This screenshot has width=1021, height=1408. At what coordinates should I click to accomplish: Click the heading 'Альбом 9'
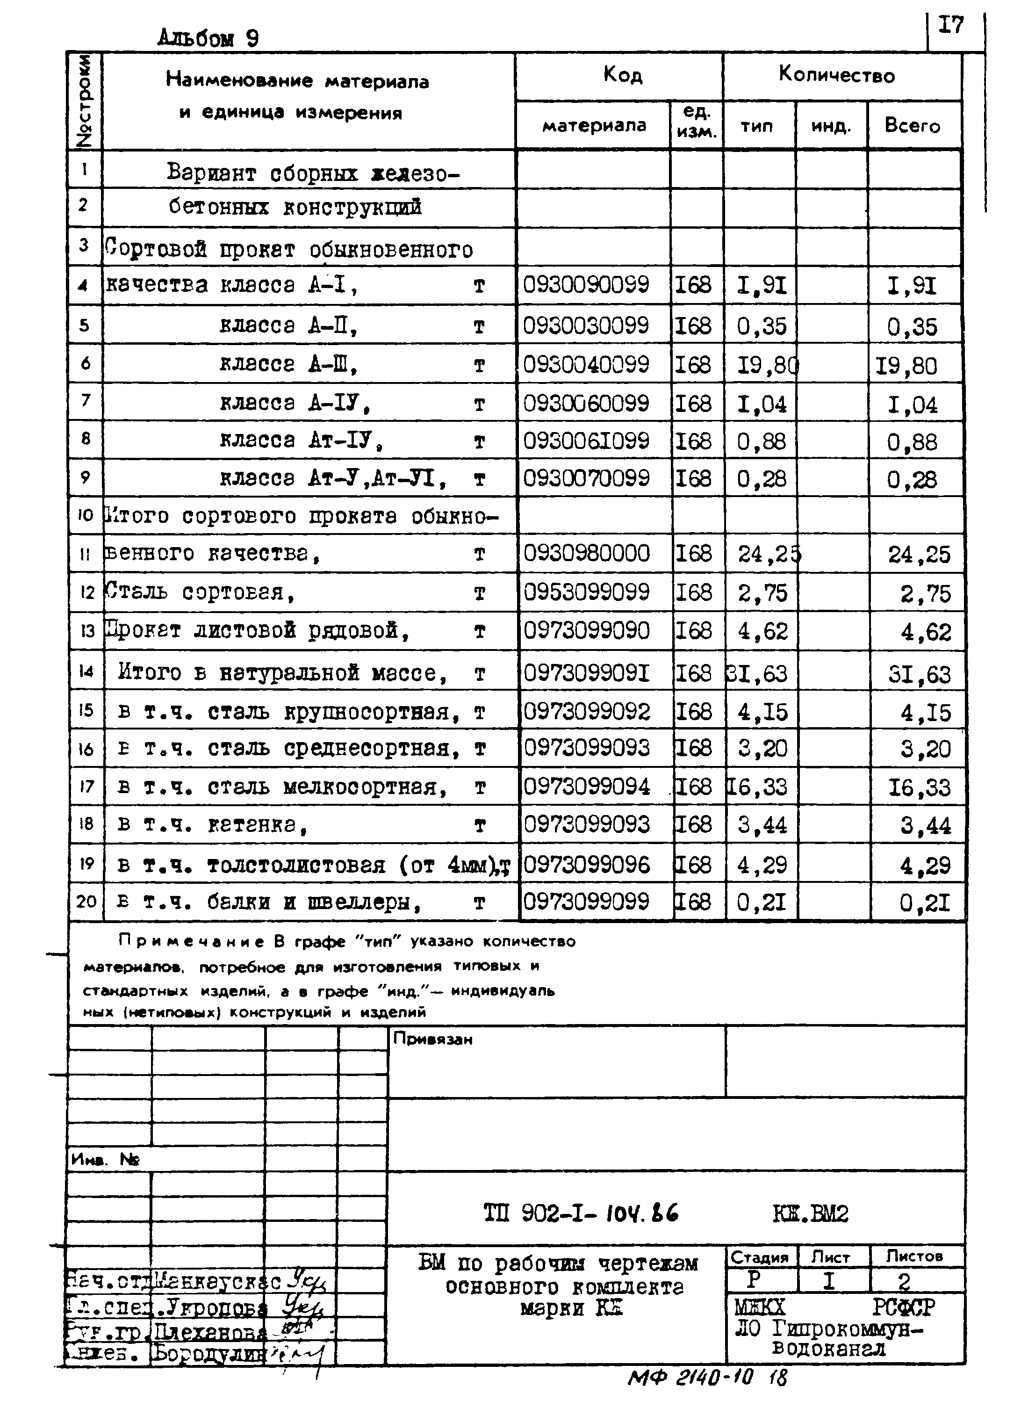point(208,38)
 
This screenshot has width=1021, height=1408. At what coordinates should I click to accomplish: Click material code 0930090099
point(586,285)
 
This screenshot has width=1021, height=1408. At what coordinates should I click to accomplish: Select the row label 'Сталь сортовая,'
point(199,592)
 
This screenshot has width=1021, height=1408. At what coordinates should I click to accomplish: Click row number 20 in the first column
point(86,902)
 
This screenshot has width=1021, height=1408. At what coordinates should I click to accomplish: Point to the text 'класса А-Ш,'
point(288,364)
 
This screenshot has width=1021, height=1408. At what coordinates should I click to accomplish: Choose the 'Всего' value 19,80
point(906,366)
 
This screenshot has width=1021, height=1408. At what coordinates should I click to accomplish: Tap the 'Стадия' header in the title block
point(759,1257)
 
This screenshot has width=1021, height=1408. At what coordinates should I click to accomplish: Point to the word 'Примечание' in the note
point(191,942)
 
